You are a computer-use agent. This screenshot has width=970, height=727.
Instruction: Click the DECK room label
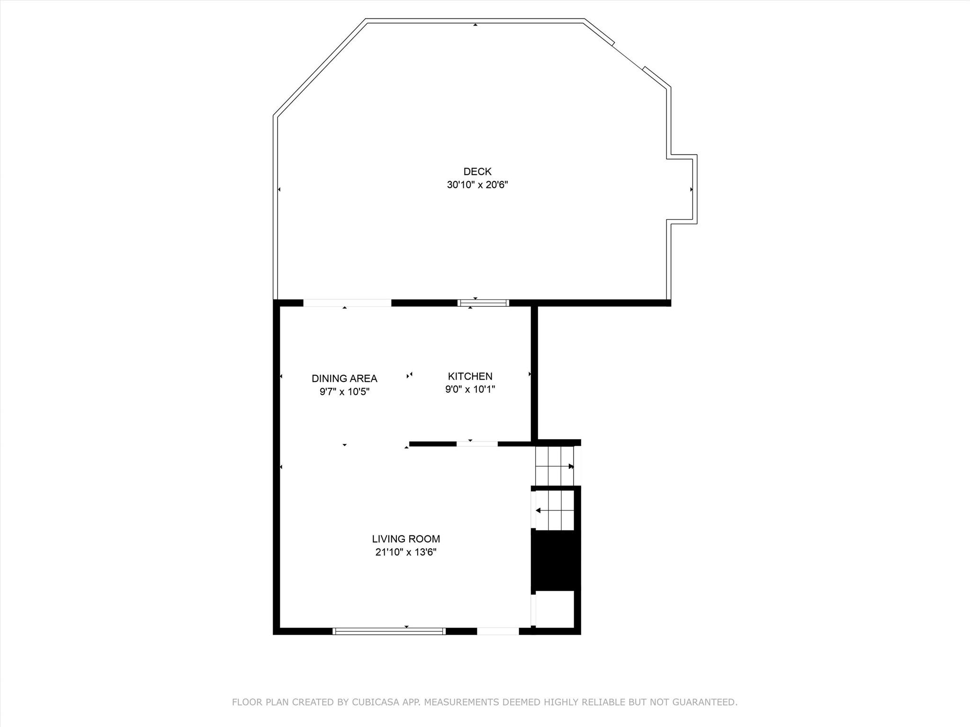pyautogui.click(x=477, y=171)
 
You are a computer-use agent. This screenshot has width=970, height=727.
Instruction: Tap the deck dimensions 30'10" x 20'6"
pyautogui.click(x=477, y=185)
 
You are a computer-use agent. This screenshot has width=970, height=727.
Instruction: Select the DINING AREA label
pyautogui.click(x=344, y=378)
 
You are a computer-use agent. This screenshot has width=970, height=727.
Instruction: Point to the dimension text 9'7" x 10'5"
pyautogui.click(x=344, y=391)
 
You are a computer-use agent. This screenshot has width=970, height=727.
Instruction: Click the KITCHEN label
pyautogui.click(x=470, y=376)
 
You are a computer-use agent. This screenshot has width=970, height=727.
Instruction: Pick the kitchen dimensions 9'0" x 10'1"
pyautogui.click(x=470, y=390)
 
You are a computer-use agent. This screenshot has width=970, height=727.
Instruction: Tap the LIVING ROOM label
pyautogui.click(x=406, y=539)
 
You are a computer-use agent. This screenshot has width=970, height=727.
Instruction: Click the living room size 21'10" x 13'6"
pyautogui.click(x=406, y=552)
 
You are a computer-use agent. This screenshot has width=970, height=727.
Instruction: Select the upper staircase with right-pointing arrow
pyautogui.click(x=554, y=466)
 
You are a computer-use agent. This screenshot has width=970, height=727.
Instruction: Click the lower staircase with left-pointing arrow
pyautogui.click(x=555, y=510)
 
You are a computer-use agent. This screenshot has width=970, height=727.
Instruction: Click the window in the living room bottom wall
pyautogui.click(x=389, y=631)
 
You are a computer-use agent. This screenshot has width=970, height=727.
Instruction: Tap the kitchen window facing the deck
pyautogui.click(x=483, y=303)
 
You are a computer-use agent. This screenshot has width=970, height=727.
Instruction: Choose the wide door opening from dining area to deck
pyautogui.click(x=347, y=303)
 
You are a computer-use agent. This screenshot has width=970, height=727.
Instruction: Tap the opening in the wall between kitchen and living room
pyautogui.click(x=477, y=444)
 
